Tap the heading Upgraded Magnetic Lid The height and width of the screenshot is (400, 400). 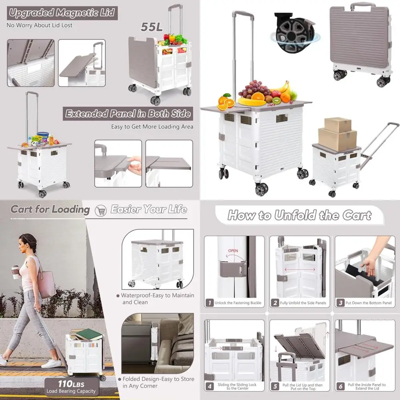[62, 13]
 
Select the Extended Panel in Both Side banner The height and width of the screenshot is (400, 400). [128, 114]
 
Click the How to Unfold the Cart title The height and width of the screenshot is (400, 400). [299, 216]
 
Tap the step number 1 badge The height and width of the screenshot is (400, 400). [209, 303]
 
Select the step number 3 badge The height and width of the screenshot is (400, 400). [340, 303]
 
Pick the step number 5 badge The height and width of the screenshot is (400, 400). [275, 387]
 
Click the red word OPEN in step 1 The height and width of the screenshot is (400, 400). [233, 251]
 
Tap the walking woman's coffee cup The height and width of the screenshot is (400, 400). [15, 272]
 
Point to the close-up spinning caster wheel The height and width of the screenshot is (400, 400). [294, 34]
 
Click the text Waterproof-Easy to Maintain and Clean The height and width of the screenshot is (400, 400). [158, 299]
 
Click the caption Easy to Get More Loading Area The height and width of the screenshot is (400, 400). [152, 127]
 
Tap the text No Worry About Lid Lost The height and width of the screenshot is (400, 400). [39, 25]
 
